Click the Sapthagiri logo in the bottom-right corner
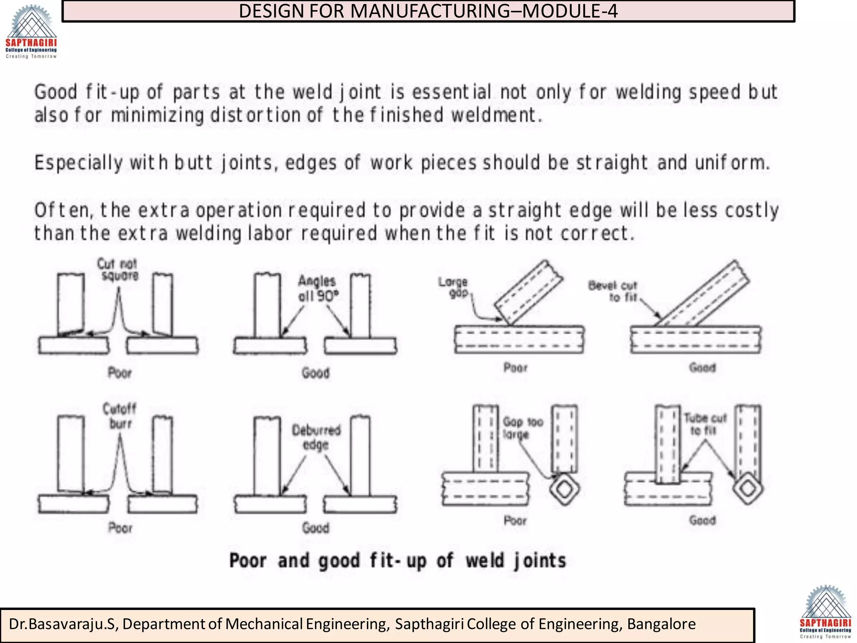[825, 612]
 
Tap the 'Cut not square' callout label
[118, 270]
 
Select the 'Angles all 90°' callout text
[318, 288]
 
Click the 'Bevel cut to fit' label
[613, 291]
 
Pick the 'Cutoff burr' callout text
[120, 416]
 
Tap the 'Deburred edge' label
[316, 437]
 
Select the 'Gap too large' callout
[522, 428]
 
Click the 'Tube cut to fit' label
[705, 424]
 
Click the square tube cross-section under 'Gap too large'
[565, 489]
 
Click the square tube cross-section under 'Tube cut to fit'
[748, 488]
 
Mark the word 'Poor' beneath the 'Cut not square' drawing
[120, 373]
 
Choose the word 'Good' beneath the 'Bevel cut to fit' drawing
[702, 368]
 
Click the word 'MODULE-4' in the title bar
[570, 11]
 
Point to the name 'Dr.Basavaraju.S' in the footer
[62, 624]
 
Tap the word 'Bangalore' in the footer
[661, 624]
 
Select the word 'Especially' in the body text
[79, 163]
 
